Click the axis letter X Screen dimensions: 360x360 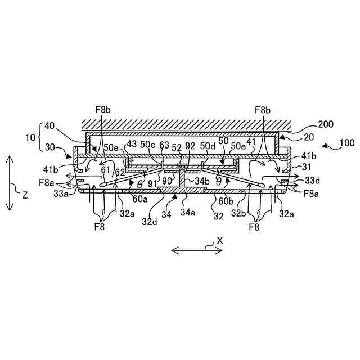click(x=220, y=240)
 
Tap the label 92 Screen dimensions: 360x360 click(x=190, y=146)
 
